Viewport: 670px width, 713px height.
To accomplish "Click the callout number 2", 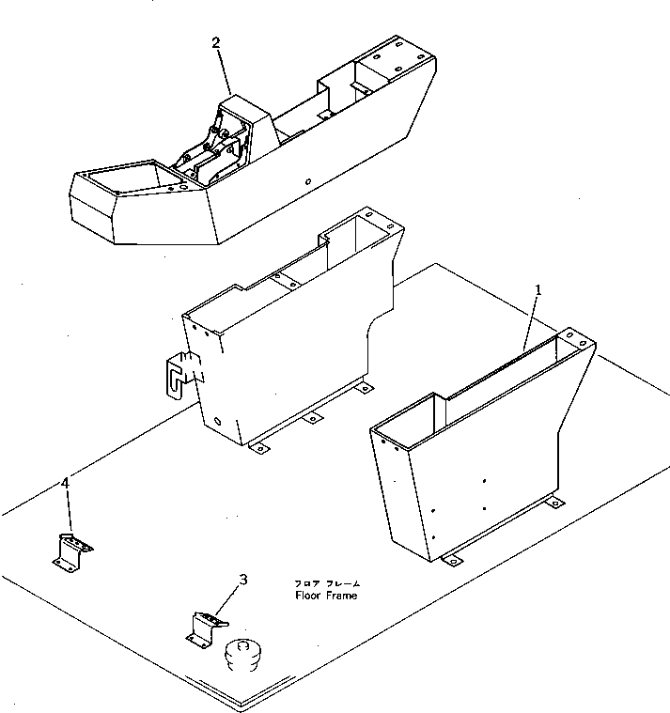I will click(216, 43).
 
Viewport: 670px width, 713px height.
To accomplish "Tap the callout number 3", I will click(243, 580).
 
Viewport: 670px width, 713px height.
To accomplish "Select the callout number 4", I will click(65, 483).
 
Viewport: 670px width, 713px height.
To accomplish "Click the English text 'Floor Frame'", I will click(326, 596).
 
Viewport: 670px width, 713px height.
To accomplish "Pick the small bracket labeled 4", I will click(70, 550).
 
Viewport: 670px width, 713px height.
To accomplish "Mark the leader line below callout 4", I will click(68, 512).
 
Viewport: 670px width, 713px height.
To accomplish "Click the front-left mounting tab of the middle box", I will click(259, 448).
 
